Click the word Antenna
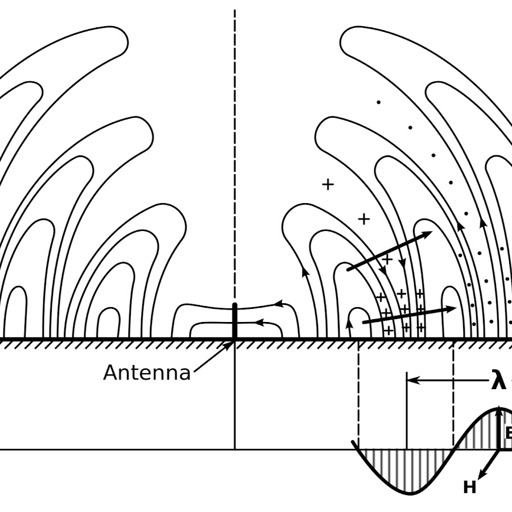coord(147,373)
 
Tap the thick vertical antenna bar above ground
coord(234,321)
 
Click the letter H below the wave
coord(469,488)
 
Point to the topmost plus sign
coord(328,184)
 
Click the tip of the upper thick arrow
coord(432,232)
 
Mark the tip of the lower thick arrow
coord(456,308)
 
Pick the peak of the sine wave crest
coord(499,408)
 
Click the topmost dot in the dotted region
coord(377,102)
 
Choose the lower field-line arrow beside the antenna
coord(258,323)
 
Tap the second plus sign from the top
coord(364,218)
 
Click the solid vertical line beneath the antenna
coord(234,398)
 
